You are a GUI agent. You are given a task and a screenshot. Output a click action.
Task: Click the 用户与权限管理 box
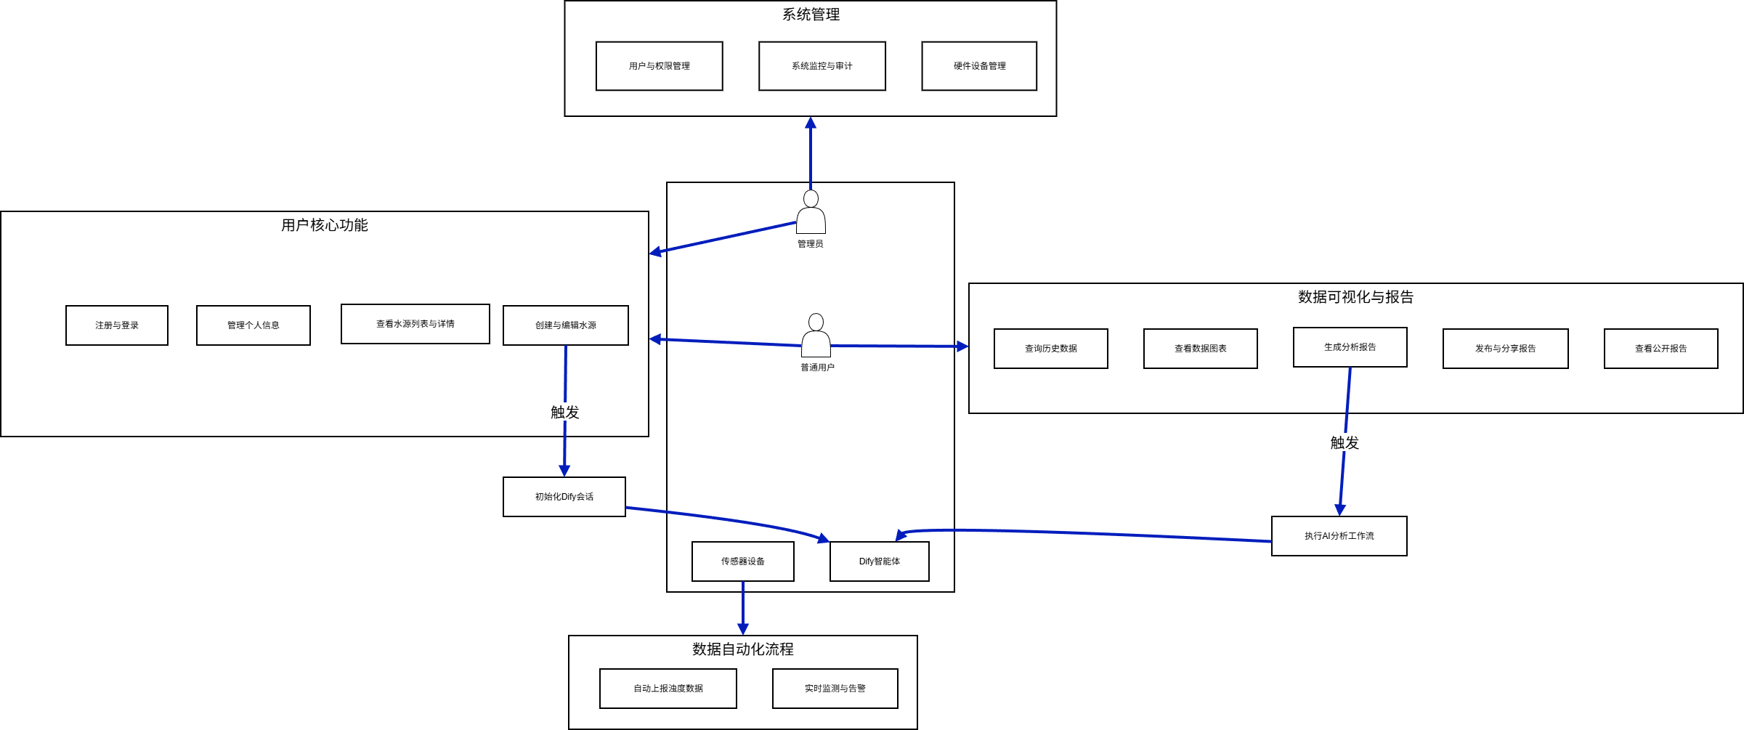pos(659,66)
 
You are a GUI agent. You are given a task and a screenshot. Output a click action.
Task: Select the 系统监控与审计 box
pos(822,66)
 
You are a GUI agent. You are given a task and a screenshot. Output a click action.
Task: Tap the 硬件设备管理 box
pos(978,66)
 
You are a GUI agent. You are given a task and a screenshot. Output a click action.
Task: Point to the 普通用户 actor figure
pos(816,336)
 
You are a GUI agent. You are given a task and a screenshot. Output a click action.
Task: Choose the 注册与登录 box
pos(116,325)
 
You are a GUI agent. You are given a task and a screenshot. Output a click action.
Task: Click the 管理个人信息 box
pos(253,325)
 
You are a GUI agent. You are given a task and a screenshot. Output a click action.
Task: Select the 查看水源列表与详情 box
pos(415,324)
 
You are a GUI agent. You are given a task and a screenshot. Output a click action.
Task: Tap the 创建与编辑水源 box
pos(565,325)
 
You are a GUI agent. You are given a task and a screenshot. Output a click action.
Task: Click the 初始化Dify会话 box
pos(564,497)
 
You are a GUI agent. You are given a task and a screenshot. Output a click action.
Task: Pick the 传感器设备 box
pos(742,561)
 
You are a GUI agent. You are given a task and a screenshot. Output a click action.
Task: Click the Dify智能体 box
pos(879,561)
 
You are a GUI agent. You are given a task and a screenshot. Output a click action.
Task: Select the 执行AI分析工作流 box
pos(1339,536)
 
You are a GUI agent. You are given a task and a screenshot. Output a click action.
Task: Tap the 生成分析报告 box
pos(1350,347)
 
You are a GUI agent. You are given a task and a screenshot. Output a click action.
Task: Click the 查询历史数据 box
pos(1050,349)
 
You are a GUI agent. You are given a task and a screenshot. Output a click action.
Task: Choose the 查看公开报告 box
pos(1660,349)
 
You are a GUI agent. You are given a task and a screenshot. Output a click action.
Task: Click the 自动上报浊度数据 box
pos(668,689)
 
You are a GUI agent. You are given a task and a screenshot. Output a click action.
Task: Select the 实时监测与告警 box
pos(835,689)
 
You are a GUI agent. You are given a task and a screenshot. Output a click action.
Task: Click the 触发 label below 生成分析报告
pos(1344,443)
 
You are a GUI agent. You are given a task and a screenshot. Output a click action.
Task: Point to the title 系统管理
pos(811,15)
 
